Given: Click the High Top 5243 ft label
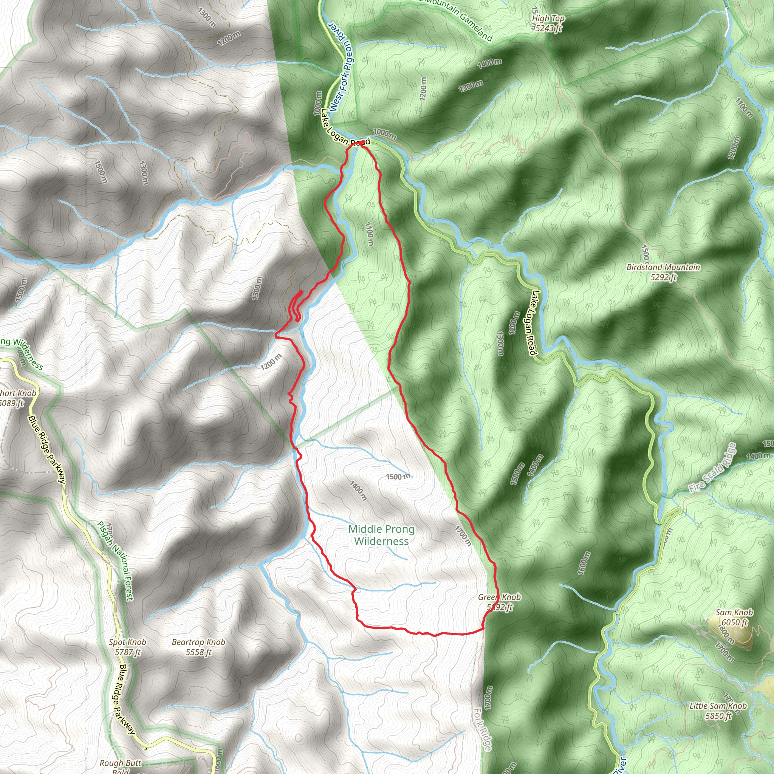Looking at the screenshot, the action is pos(548,23).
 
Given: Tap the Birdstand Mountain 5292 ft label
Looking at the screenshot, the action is pos(663,272).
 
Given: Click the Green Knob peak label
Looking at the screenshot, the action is pos(499,602).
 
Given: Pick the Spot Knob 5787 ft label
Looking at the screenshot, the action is pos(127,647).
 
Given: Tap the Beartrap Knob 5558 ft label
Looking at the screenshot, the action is pos(198,647).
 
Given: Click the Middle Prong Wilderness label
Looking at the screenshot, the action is pos(381,535).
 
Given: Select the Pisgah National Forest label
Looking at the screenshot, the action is pos(115,560).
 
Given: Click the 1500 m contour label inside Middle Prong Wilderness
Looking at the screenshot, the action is pos(398,476).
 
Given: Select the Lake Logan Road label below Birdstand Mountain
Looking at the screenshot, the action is pos(532,323).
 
